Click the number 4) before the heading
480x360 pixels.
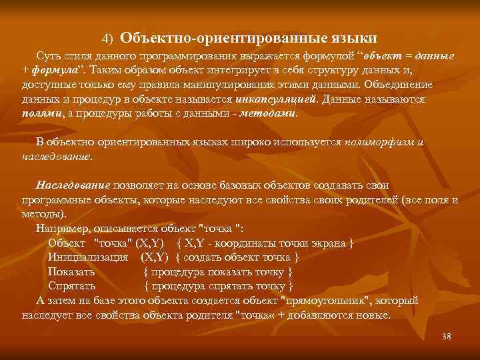(x=109, y=35)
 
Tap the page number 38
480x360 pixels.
(x=446, y=337)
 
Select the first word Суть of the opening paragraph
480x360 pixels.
(x=48, y=57)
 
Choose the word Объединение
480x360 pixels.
(x=398, y=85)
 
